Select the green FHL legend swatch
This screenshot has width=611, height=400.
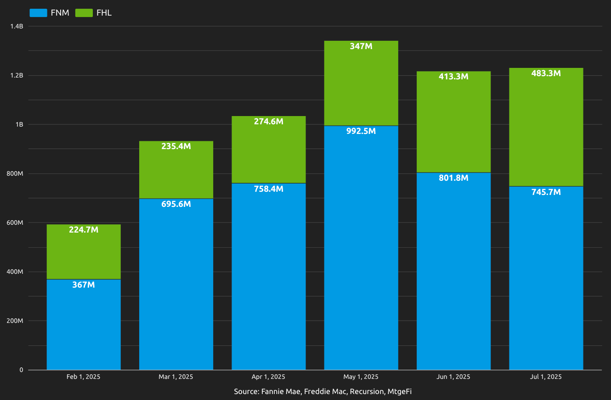pyautogui.click(x=84, y=13)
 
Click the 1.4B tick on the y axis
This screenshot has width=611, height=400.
pyautogui.click(x=17, y=27)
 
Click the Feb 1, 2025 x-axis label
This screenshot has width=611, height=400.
pyautogui.click(x=83, y=377)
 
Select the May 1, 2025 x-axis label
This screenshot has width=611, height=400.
pyautogui.click(x=361, y=377)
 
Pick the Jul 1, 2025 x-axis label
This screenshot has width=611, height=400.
pyautogui.click(x=546, y=377)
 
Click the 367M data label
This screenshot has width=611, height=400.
pyautogui.click(x=84, y=285)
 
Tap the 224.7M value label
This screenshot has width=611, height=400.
pyautogui.click(x=84, y=230)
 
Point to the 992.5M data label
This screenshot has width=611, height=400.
pyautogui.click(x=361, y=131)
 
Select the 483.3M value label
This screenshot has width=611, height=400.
pyautogui.click(x=546, y=73)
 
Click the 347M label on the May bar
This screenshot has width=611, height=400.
pyautogui.click(x=361, y=46)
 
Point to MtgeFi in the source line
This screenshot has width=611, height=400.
pyautogui.click(x=402, y=392)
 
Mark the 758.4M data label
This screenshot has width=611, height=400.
pyautogui.click(x=268, y=189)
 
